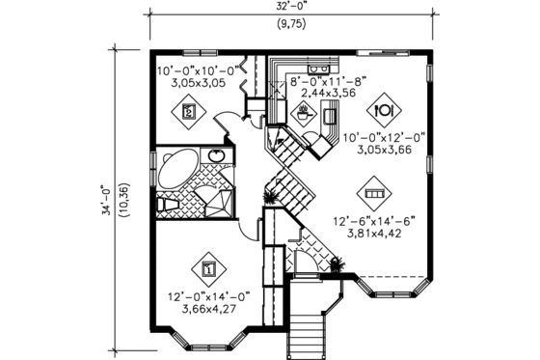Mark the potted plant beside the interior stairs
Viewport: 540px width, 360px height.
[272, 194]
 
